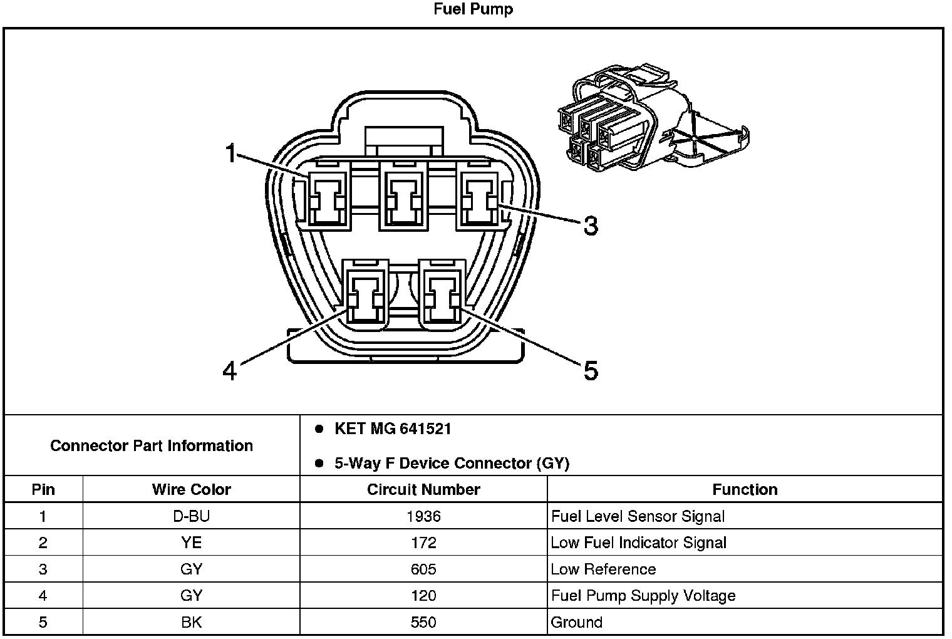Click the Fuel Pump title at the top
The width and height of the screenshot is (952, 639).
[x=473, y=9]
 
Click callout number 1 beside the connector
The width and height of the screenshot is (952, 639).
[x=230, y=153]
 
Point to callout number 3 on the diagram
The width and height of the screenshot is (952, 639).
[x=591, y=226]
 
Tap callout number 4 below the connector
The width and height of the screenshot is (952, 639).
[x=229, y=371]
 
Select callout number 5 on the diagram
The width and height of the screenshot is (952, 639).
[x=591, y=371]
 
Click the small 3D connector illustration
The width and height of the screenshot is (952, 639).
[x=653, y=118]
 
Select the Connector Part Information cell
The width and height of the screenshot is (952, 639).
[x=152, y=445]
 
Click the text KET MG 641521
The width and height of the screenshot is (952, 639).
[x=393, y=429]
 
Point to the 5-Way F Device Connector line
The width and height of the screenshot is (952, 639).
[x=452, y=463]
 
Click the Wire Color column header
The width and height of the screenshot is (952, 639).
[x=191, y=489]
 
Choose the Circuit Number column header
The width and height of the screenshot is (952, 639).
[x=423, y=489]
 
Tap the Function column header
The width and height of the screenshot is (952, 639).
[x=745, y=489]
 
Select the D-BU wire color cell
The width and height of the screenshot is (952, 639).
[x=191, y=516]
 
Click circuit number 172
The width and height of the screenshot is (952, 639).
[x=423, y=543]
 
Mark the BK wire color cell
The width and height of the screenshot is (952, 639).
[x=191, y=623]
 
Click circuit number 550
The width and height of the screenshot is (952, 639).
[x=423, y=623]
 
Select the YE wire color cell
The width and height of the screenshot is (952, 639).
[x=191, y=543]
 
